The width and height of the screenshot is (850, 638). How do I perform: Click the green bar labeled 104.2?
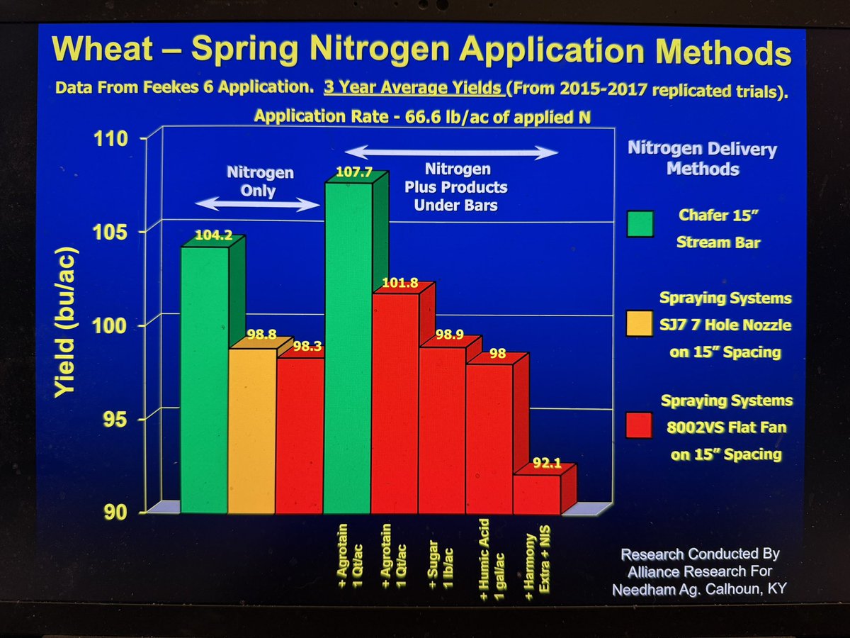point(204,379)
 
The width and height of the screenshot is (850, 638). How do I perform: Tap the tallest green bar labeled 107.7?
point(347,347)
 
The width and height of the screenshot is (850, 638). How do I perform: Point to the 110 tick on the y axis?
point(113,138)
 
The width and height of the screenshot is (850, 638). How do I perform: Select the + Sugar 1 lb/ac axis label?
point(440,560)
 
